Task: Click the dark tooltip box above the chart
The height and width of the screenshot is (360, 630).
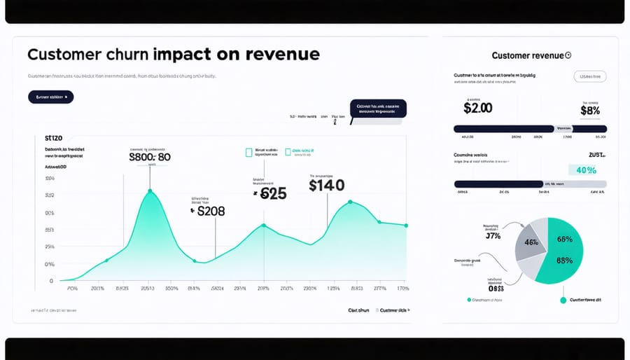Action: pos(378,109)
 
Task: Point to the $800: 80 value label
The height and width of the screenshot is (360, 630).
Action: pos(150,158)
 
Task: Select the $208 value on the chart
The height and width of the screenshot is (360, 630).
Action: pos(210,210)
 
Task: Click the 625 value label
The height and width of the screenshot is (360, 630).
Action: pos(273,194)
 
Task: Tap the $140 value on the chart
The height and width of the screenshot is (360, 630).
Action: pos(326,185)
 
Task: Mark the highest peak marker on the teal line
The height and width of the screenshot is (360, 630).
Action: pos(150,191)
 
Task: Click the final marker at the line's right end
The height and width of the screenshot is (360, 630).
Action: pos(407,226)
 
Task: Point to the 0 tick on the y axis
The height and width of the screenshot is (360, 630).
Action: pos(50,281)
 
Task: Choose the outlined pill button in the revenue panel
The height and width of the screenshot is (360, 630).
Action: pos(589,76)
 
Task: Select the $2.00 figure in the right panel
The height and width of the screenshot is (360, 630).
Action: pos(478,108)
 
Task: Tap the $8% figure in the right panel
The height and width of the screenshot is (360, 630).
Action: pos(591,109)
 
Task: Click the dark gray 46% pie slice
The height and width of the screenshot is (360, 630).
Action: pos(531,244)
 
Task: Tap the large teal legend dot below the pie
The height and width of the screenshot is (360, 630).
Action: pos(563,300)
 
